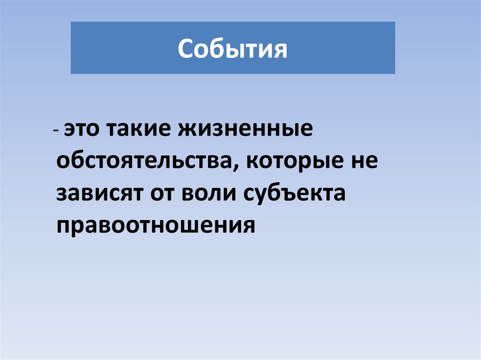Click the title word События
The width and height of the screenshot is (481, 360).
233,49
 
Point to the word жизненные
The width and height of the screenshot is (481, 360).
244,130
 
